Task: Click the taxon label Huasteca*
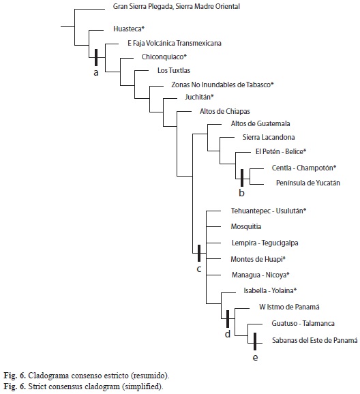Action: [x=129, y=29]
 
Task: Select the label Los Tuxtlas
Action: [x=174, y=70]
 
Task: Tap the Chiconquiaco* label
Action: [x=164, y=57]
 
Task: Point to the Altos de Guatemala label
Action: [x=260, y=123]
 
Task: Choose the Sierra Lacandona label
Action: [x=269, y=137]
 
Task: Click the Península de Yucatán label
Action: [x=308, y=183]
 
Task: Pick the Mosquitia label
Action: [x=246, y=226]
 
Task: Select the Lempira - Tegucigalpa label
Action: [x=265, y=243]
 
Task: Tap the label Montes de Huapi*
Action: [x=258, y=259]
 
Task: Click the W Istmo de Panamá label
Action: [x=289, y=307]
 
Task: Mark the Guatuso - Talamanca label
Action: [x=303, y=323]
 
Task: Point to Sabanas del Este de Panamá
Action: [x=315, y=340]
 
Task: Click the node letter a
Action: [x=95, y=73]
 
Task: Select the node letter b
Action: [x=241, y=193]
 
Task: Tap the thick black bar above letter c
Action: [x=199, y=253]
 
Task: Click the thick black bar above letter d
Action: [x=228, y=319]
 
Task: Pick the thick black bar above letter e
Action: [x=255, y=342]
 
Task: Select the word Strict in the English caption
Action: [x=35, y=387]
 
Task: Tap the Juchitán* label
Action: [x=199, y=97]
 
